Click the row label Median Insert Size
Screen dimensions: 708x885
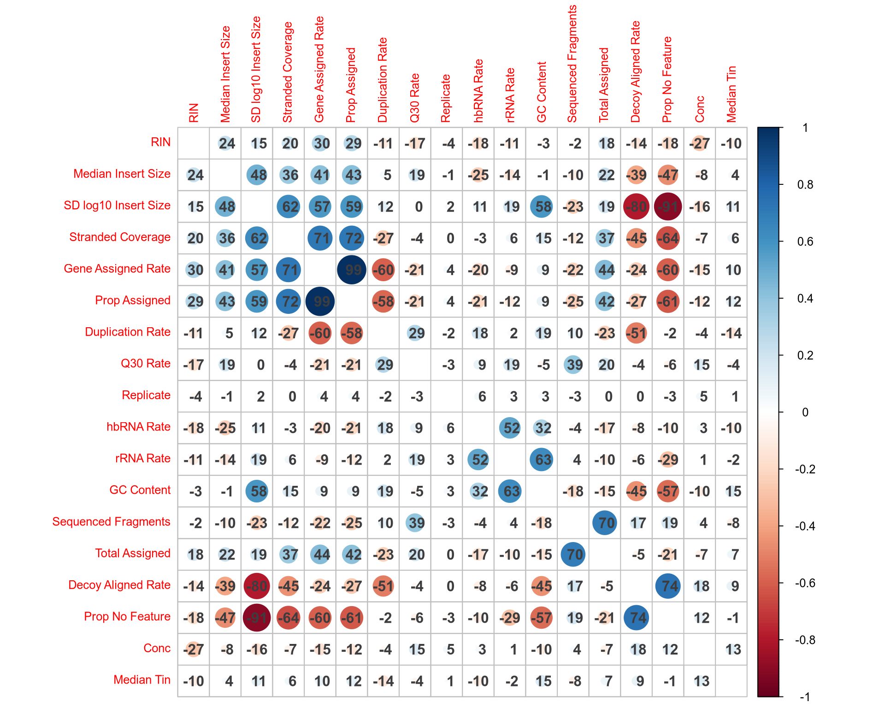coord(122,174)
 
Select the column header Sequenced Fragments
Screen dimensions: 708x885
coord(572,65)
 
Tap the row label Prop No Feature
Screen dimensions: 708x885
coord(127,617)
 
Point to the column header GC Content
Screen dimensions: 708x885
coord(542,92)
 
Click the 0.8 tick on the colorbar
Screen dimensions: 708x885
coord(805,185)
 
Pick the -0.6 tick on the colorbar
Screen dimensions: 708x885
coord(805,583)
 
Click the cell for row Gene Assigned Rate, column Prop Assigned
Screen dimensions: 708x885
coord(352,270)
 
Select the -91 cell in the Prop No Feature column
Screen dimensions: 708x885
coord(668,206)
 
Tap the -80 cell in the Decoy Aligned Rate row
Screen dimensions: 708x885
coord(257,586)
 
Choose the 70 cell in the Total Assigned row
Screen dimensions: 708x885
coord(573,555)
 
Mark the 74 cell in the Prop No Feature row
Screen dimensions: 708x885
coord(637,618)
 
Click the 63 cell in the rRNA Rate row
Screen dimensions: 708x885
coord(542,460)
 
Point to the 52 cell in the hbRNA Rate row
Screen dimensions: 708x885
coord(510,428)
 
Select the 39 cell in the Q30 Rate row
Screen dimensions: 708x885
coord(573,365)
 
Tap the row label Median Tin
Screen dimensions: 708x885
coord(142,680)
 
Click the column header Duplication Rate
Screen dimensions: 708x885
coord(383,81)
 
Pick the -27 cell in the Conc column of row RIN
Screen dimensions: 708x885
coord(700,143)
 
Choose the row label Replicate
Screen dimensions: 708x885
coord(146,395)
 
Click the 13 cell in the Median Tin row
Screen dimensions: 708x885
coord(700,681)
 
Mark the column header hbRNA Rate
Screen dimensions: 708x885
coord(478,91)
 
